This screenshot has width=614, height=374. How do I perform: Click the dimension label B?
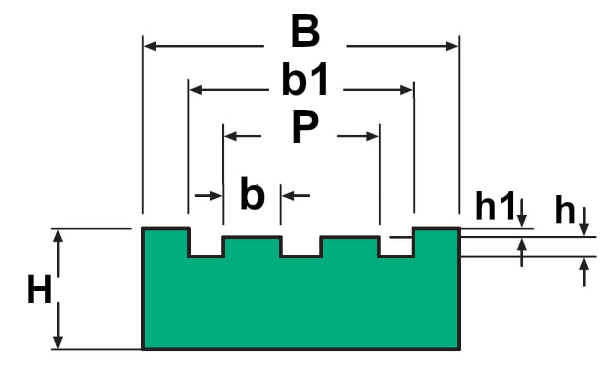[305, 32]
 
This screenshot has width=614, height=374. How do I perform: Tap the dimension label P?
[305, 128]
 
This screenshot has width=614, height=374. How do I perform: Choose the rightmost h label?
[565, 211]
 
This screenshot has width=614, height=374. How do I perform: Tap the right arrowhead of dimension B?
[452, 46]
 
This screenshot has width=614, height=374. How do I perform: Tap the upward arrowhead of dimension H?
[58, 235]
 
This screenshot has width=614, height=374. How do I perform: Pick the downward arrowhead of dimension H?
[58, 342]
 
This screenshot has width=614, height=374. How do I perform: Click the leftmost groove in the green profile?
[206, 247]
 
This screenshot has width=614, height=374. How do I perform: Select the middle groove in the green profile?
[301, 247]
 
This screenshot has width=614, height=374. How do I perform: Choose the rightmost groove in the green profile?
[396, 247]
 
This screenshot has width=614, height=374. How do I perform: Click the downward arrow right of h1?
[522, 218]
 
